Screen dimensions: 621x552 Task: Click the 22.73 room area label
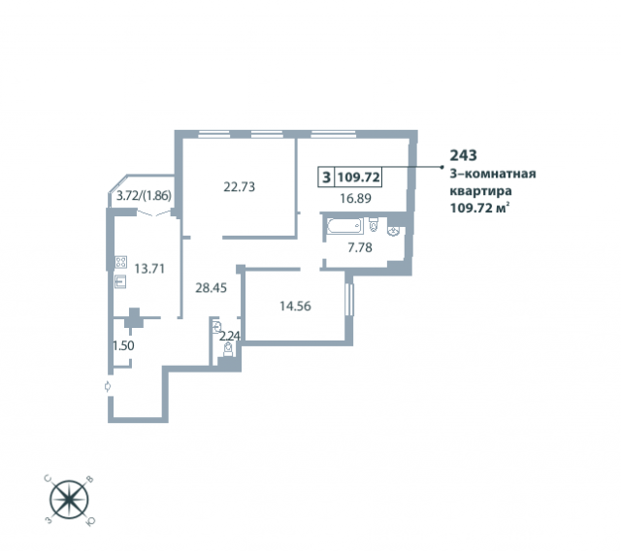240,186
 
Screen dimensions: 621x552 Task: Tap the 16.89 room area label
356,198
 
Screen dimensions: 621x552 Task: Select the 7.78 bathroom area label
360,248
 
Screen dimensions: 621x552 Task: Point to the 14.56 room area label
295,307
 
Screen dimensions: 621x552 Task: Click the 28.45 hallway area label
212,288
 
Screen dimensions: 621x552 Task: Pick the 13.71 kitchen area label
149,269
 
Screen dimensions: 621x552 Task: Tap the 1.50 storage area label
123,345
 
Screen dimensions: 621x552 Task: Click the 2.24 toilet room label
230,337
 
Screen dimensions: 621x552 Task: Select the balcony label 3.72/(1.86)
145,196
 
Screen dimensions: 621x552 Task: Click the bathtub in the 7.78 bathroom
345,226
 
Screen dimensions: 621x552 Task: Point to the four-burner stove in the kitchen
120,262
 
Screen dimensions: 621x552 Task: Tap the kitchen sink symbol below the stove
120,281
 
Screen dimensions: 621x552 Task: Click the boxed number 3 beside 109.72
326,177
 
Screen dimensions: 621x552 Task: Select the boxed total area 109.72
359,177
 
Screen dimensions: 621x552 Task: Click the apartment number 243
464,155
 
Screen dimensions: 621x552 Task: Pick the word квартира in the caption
480,191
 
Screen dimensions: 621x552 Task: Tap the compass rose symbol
69,500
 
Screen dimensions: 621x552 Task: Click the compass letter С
49,478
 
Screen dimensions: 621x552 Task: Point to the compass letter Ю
90,522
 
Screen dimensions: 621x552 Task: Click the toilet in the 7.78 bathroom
374,224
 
